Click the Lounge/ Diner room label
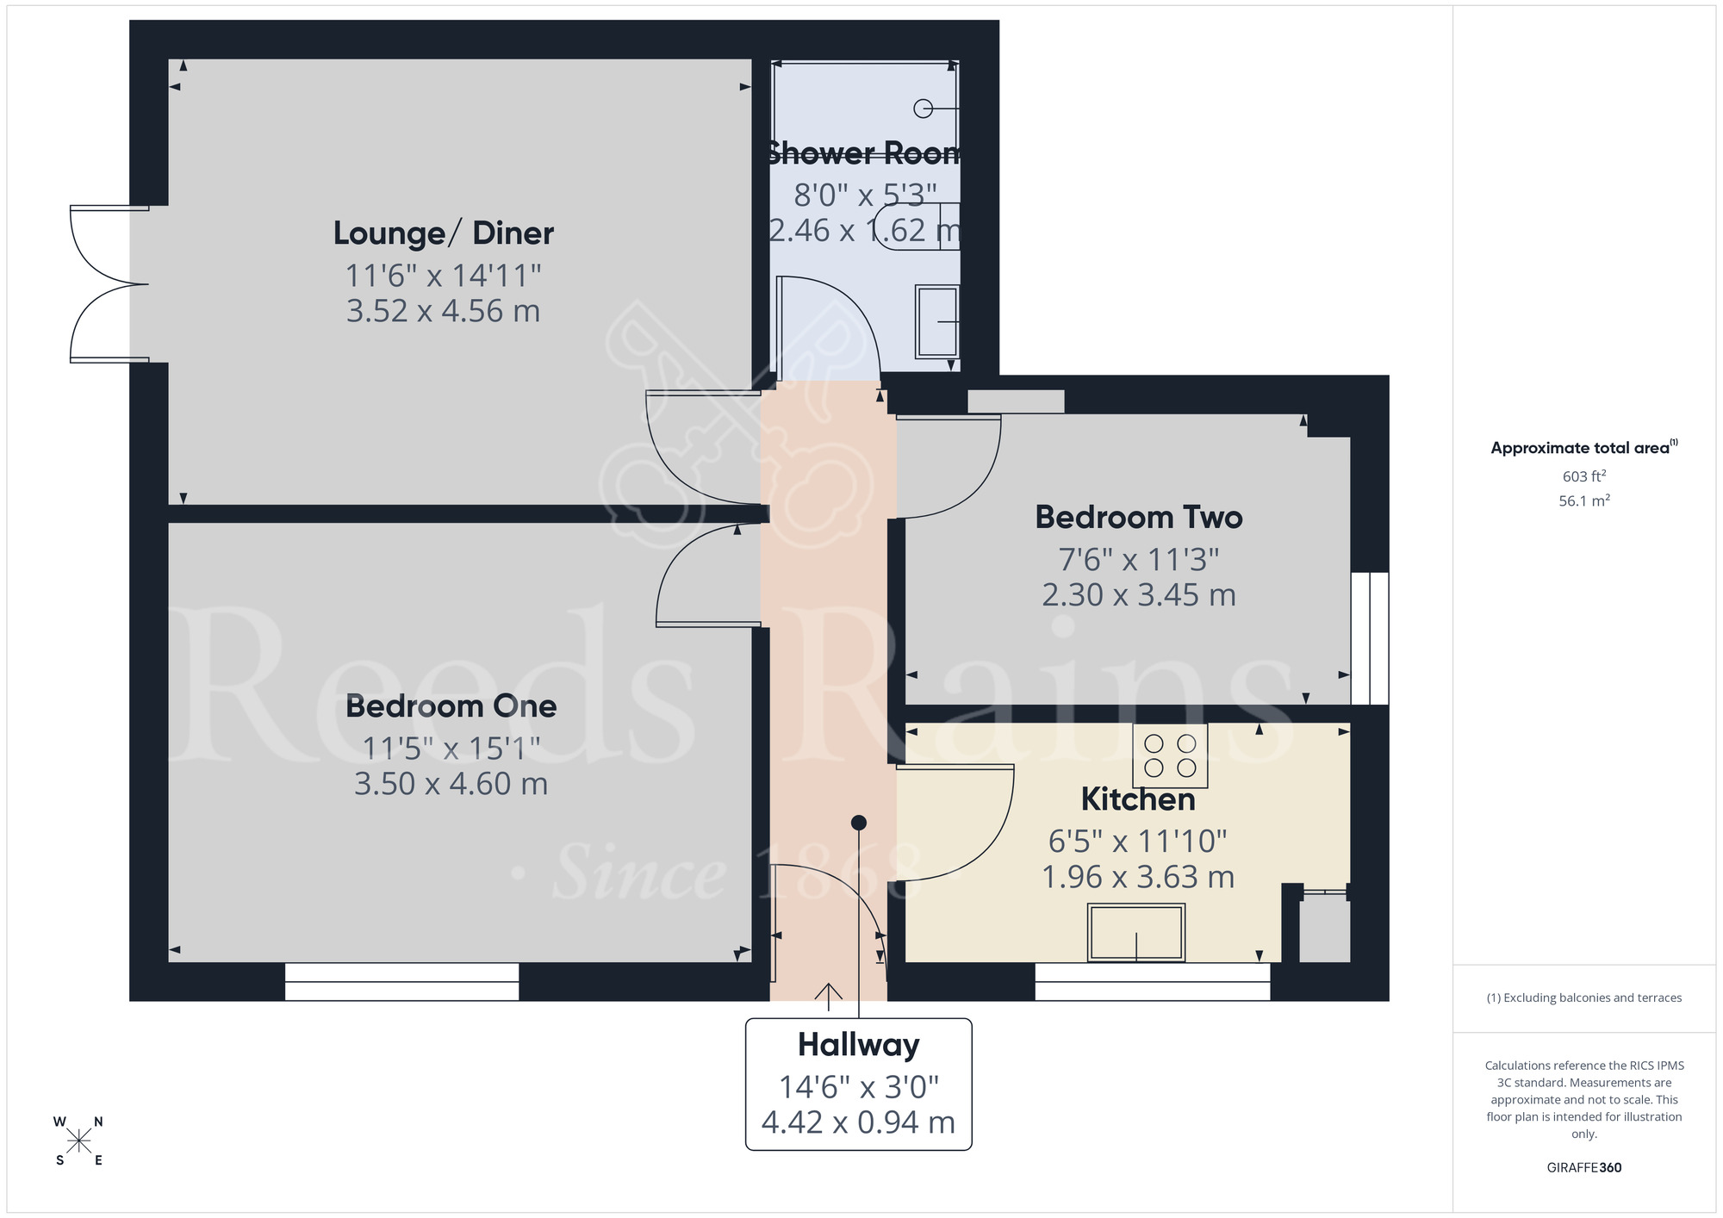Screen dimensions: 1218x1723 coord(443,233)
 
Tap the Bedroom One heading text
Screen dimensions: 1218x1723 coord(451,706)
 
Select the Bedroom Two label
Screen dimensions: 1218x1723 coord(1138,517)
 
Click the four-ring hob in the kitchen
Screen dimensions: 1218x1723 coord(1170,755)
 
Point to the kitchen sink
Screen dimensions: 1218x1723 coord(1136,932)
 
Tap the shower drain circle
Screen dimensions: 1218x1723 coord(923,109)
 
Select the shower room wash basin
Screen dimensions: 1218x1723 coord(936,321)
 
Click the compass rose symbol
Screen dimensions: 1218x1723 coord(78,1141)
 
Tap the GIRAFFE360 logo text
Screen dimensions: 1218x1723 coord(1583,1168)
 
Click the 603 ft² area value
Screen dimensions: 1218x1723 coord(1583,476)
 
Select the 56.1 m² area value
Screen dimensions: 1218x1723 coord(1583,500)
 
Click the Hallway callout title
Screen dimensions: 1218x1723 coord(858,1045)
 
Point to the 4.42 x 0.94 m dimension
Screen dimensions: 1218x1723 coord(858,1122)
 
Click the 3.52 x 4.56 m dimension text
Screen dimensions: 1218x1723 coord(443,311)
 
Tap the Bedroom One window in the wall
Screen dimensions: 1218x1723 coord(401,982)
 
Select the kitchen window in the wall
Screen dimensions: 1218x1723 coord(1152,982)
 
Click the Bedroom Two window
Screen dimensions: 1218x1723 coord(1369,638)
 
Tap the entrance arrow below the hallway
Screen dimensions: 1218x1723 coord(828,996)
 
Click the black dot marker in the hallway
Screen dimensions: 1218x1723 coord(858,823)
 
